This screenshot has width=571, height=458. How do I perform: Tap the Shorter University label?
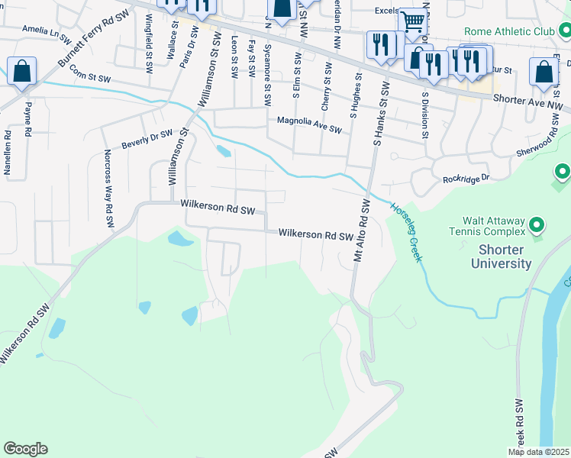point(505,256)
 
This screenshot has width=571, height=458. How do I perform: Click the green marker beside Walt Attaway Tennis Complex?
point(537,224)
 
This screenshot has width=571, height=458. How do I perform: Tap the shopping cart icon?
point(412,24)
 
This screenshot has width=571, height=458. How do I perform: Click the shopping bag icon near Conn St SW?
point(22,72)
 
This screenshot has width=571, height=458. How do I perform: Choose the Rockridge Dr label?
point(466,180)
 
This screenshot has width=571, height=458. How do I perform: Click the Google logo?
point(25,449)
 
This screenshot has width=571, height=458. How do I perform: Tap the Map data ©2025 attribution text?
point(538,452)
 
